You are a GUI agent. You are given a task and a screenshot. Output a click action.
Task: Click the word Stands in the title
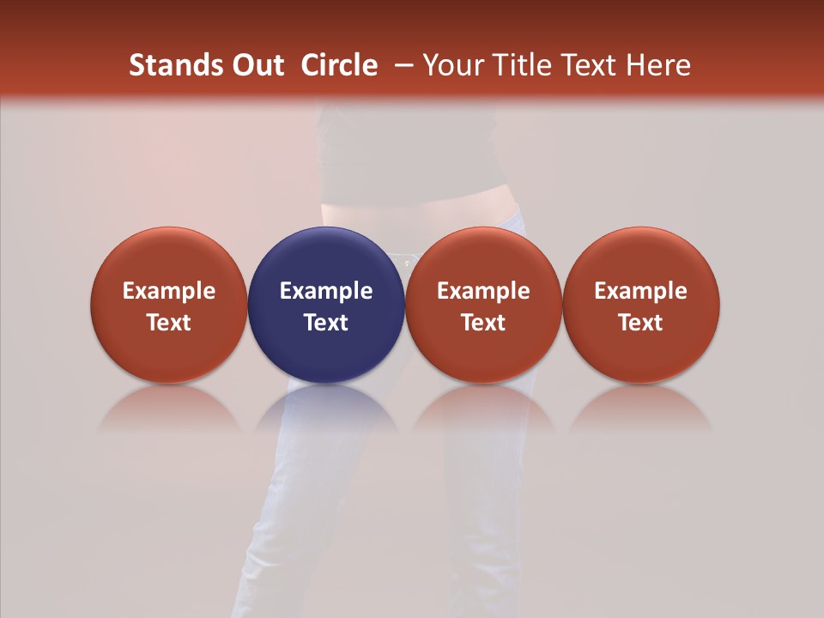[169, 65]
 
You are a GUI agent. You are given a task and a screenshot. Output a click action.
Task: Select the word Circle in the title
[339, 65]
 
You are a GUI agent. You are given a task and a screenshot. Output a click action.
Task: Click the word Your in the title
[451, 65]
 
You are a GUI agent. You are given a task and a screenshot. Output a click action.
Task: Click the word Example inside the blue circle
[326, 291]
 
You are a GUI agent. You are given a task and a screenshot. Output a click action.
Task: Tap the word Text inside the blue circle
[326, 323]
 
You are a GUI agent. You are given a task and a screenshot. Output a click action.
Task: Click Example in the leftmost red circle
[169, 291]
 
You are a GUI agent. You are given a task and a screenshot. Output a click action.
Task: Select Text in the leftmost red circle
[169, 323]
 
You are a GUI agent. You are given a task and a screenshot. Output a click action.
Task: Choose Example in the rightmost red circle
[640, 291]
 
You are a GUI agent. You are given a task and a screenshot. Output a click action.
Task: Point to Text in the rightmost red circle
[640, 323]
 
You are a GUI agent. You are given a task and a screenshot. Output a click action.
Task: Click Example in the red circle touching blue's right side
[483, 291]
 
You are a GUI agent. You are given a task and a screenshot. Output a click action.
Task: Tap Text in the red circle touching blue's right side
[483, 323]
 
